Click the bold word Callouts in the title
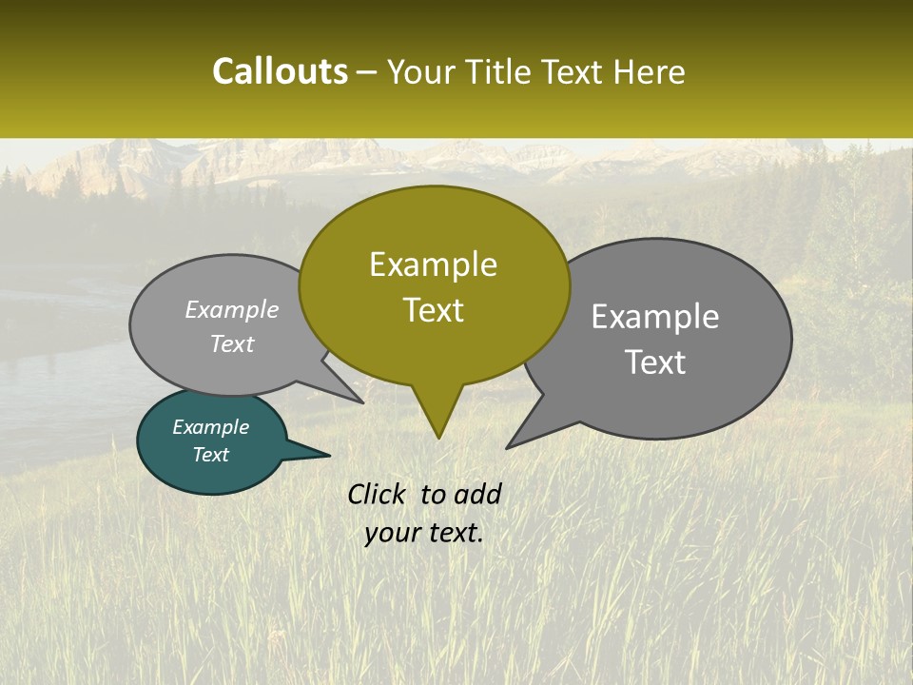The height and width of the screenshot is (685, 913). pyautogui.click(x=280, y=71)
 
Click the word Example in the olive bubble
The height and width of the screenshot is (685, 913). pyautogui.click(x=433, y=264)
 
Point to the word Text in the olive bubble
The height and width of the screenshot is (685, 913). pyautogui.click(x=433, y=310)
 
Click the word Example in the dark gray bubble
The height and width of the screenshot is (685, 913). pyautogui.click(x=655, y=317)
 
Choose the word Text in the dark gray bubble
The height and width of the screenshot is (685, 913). pyautogui.click(x=655, y=362)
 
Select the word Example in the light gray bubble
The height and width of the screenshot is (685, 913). pyautogui.click(x=231, y=310)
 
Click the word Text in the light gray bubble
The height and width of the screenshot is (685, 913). pyautogui.click(x=231, y=344)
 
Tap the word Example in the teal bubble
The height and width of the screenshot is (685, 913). pyautogui.click(x=210, y=427)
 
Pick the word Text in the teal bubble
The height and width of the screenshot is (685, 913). pyautogui.click(x=210, y=455)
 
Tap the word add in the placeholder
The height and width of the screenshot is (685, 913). pyautogui.click(x=476, y=494)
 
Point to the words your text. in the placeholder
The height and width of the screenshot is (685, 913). pyautogui.click(x=424, y=533)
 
